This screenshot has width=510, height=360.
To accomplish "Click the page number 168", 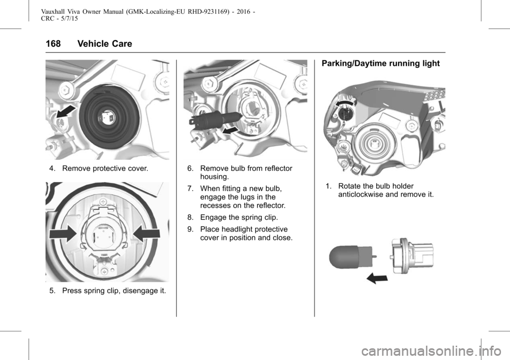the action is click(53, 44).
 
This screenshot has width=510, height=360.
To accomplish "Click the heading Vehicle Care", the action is click(105, 44).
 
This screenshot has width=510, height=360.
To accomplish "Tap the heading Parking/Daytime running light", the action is click(380, 63).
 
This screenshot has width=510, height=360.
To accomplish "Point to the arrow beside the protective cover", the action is click(67, 112).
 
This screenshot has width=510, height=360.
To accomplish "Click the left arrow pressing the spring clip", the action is click(63, 234).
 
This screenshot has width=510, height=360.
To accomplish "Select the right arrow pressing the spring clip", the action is click(147, 234).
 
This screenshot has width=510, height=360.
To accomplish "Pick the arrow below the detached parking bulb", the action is click(377, 278).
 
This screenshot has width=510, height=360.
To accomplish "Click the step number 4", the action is click(52, 168).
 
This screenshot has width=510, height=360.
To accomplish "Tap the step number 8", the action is click(190, 217).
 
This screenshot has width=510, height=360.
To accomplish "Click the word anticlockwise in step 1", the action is click(360, 194).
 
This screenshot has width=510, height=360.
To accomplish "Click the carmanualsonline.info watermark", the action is click(431, 351).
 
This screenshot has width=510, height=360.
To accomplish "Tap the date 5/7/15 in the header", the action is click(70, 19).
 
